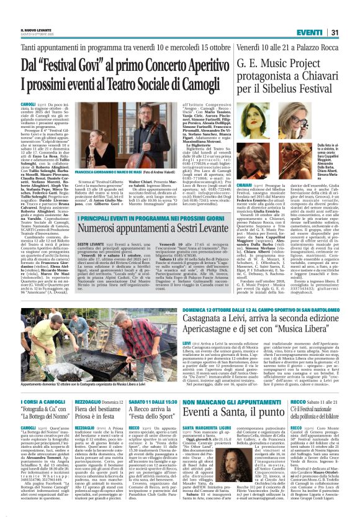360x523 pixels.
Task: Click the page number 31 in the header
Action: tap(351, 32)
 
